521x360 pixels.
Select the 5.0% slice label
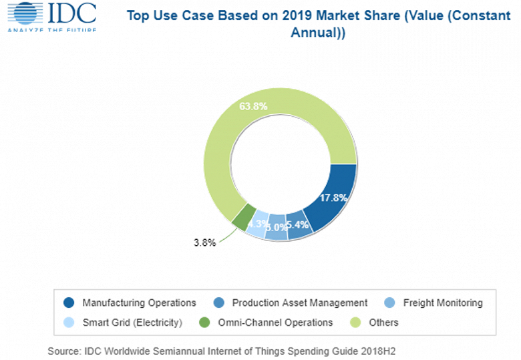point(275,228)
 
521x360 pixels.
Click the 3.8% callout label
point(205,243)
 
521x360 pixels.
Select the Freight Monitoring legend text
point(442,303)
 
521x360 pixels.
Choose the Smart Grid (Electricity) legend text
point(132,323)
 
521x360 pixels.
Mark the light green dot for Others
point(357,323)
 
